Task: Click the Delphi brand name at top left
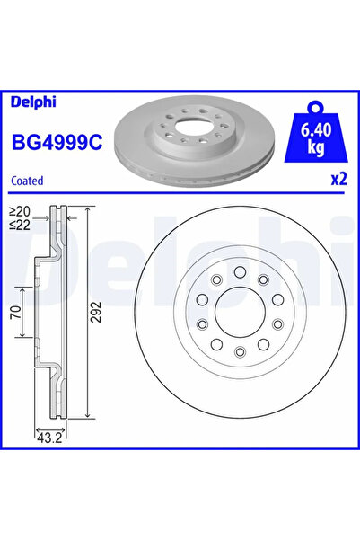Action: coord(32,102)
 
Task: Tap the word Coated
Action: coord(28,180)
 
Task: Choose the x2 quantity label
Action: coord(338,179)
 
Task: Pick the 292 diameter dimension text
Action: coord(94,313)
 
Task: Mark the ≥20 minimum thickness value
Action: coord(18,212)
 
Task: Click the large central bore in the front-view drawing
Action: coord(240,312)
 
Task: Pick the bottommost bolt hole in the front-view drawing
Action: coord(240,353)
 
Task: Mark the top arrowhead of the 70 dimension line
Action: coord(22,290)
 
